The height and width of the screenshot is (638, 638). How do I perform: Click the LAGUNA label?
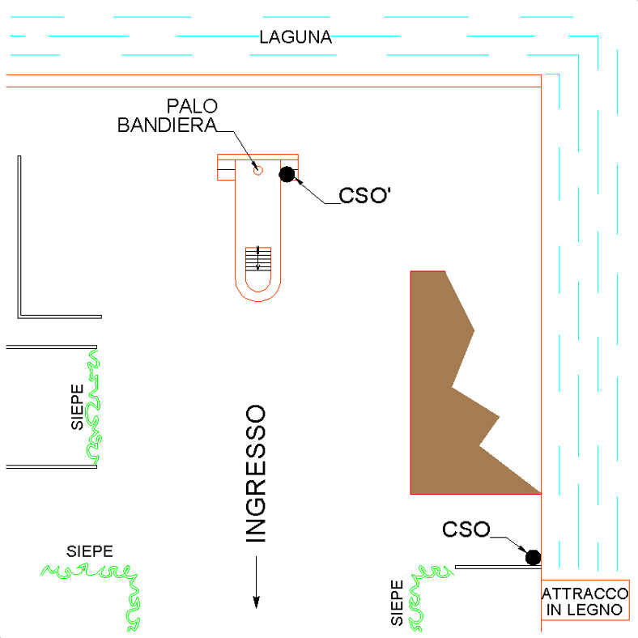(x=296, y=37)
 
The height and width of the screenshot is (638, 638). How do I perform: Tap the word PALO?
(x=192, y=106)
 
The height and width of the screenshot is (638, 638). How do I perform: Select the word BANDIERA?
(x=167, y=125)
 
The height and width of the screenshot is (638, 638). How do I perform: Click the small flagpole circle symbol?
(x=258, y=171)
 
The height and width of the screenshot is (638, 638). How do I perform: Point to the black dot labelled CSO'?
(x=287, y=174)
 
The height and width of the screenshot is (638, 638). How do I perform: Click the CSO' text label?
(x=364, y=195)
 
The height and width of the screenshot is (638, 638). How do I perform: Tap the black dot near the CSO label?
(x=533, y=557)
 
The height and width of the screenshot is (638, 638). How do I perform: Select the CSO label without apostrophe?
(x=466, y=530)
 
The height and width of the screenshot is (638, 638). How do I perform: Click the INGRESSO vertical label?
(x=256, y=473)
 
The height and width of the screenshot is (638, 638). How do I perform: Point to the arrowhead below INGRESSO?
(x=257, y=602)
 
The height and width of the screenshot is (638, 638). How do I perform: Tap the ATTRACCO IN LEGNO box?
(x=585, y=602)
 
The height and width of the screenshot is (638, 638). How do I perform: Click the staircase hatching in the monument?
(x=258, y=259)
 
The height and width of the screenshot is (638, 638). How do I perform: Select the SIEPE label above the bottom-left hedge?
(x=90, y=551)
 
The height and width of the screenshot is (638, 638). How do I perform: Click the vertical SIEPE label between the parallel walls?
(x=77, y=407)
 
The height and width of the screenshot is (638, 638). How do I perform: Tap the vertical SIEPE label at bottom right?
(x=397, y=602)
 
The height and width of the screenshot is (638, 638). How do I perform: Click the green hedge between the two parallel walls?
(x=94, y=407)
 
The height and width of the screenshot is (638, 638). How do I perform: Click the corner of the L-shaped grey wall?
(x=19, y=317)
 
